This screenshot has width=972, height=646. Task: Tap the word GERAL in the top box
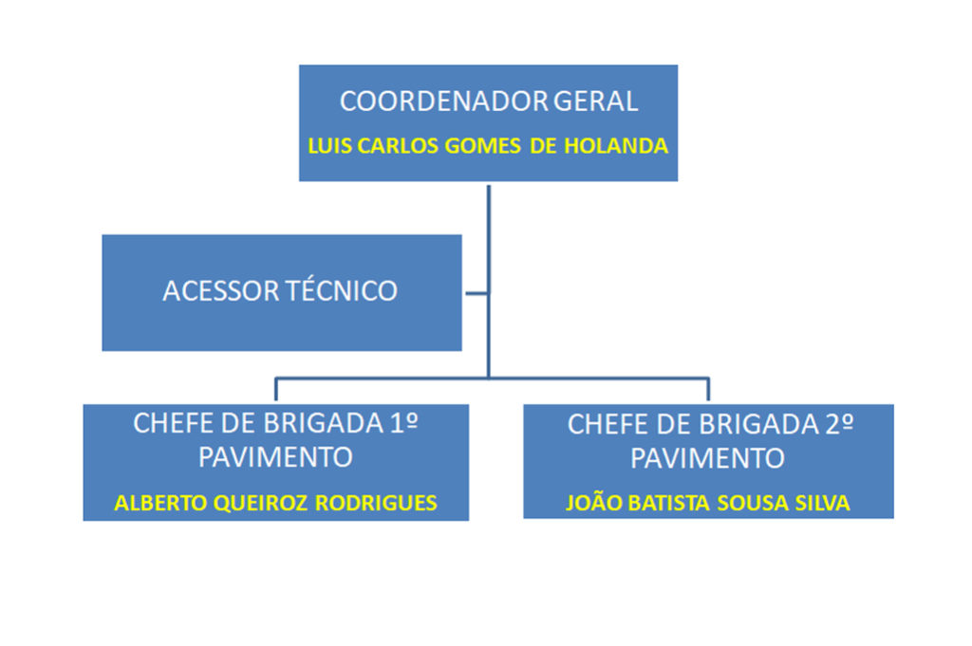click(595, 102)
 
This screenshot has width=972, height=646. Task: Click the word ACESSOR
click(221, 290)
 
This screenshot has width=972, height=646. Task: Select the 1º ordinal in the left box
click(403, 423)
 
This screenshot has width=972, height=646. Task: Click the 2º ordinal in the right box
click(834, 424)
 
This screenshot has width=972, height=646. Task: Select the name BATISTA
click(665, 503)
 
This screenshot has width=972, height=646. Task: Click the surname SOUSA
click(749, 503)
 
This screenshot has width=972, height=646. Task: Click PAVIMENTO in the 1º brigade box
click(275, 457)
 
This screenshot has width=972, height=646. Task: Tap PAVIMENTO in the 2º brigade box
click(708, 458)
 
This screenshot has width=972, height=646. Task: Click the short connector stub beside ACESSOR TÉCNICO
click(476, 293)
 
